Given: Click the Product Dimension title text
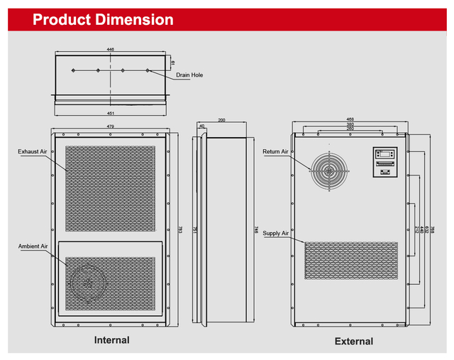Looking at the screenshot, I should point(103,20).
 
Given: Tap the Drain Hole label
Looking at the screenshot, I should point(179,75).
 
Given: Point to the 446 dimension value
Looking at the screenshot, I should point(111,50).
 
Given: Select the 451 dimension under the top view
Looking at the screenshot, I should point(111,114).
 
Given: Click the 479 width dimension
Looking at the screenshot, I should point(111,126).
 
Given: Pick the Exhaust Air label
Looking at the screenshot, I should point(33,151).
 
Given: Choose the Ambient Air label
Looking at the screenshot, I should point(33,246).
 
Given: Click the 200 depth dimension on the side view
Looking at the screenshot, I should point(222,120).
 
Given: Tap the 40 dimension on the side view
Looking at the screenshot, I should point(202,126).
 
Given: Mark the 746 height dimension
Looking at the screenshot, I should point(255,229).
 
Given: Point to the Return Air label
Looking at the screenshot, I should point(275,152).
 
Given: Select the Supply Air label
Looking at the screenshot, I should point(275,233).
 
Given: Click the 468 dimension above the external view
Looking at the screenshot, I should point(350,119).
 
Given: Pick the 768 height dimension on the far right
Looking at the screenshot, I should point(433,229).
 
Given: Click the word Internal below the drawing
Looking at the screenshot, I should point(112,340).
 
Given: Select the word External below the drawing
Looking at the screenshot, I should point(353,342).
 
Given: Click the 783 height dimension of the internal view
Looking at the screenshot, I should point(180,229).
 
